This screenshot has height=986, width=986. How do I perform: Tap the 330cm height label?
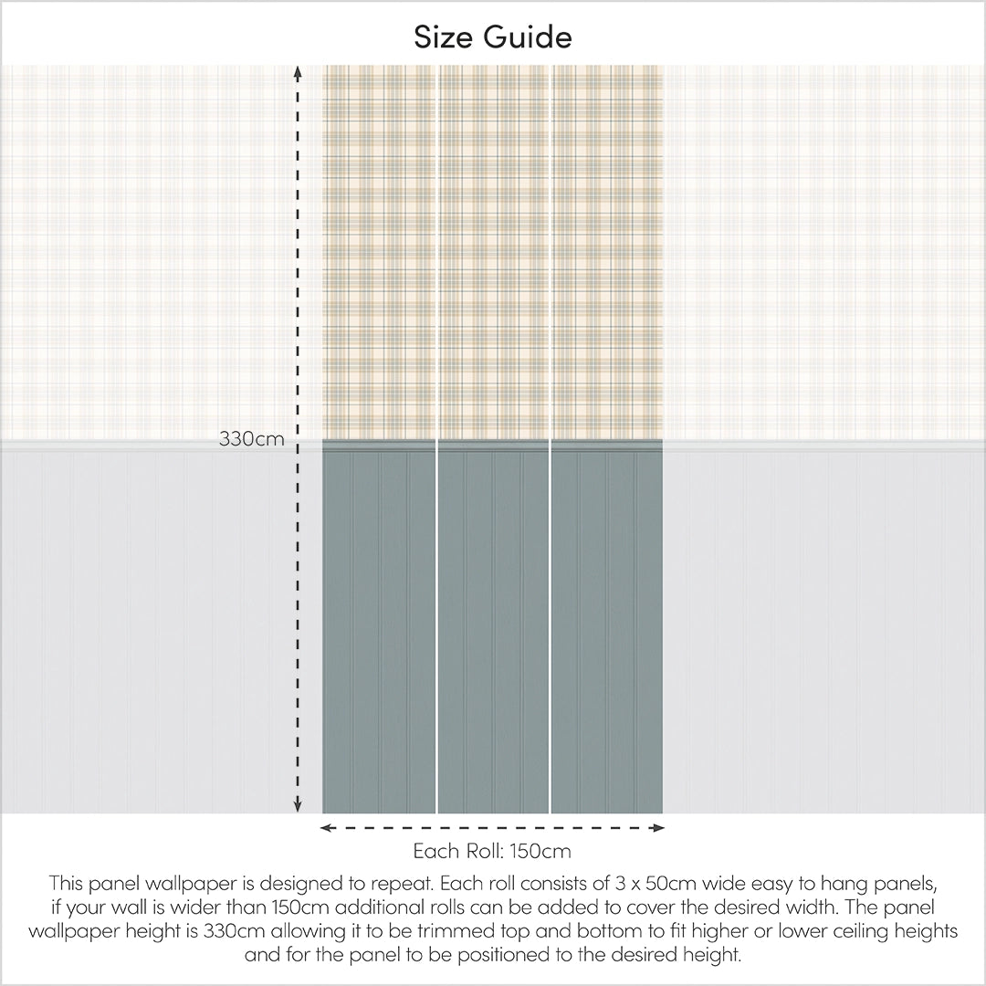(x=251, y=439)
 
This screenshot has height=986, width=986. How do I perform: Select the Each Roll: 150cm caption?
(x=492, y=852)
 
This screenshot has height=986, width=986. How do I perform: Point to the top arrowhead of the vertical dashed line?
(x=298, y=71)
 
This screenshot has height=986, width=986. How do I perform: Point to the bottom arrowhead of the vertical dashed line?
(x=298, y=806)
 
